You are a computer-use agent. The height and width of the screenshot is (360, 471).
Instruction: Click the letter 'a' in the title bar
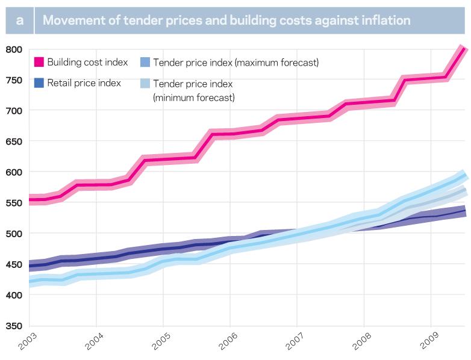[20, 20]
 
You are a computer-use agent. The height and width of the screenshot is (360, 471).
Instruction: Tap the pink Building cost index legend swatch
[39, 62]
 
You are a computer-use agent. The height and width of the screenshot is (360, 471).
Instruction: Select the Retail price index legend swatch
[39, 83]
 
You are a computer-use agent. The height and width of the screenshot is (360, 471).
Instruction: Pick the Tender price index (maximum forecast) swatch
[144, 62]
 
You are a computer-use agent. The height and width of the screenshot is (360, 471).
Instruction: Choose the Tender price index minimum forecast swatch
[144, 84]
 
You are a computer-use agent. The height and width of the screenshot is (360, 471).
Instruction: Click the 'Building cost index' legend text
[87, 62]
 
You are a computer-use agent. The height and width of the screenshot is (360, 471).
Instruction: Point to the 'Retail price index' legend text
[84, 83]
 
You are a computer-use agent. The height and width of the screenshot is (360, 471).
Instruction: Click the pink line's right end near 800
[463, 49]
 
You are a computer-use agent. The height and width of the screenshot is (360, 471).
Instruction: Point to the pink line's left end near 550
[30, 200]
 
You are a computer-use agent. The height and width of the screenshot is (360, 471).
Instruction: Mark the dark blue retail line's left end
[30, 266]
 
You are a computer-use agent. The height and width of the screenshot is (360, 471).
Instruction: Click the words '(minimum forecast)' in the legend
[194, 97]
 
